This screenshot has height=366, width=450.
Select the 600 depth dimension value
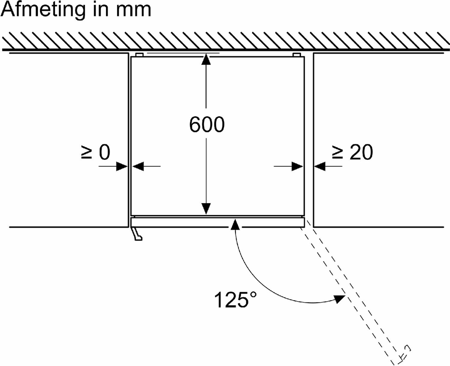206,125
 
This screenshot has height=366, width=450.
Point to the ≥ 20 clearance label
351,153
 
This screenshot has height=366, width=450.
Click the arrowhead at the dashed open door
340,299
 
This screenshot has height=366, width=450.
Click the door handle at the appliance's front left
136,234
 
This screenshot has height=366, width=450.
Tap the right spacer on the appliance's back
296,54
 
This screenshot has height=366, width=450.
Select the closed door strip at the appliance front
217,222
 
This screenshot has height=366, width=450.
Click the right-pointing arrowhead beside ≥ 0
121,166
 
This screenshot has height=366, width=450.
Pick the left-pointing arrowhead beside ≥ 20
319,166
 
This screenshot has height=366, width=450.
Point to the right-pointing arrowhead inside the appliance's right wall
298,166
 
